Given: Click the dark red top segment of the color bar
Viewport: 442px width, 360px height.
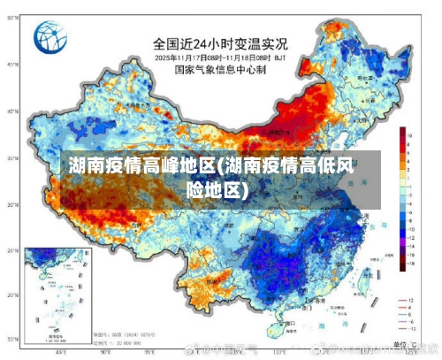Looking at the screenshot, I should click(401, 132).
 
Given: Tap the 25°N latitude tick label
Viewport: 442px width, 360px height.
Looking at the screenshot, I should click(11, 250).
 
